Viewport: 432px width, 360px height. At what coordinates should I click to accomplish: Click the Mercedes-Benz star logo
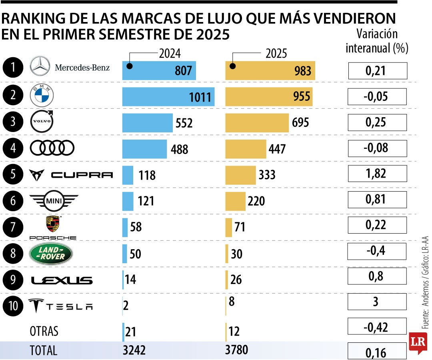click(x=40, y=66)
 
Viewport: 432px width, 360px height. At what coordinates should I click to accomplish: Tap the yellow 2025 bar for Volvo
click(x=257, y=122)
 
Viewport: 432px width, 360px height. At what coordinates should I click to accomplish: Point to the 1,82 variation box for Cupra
click(x=377, y=174)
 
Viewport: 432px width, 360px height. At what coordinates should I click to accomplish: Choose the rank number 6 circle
click(x=13, y=200)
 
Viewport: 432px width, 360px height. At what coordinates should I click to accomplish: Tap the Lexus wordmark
click(x=62, y=280)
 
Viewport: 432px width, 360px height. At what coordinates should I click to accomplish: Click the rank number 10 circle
click(x=13, y=306)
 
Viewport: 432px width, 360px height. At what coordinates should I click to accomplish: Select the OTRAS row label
click(x=44, y=331)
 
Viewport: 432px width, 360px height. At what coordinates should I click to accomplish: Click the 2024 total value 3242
click(x=134, y=350)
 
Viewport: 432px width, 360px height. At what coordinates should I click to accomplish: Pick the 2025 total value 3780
click(x=237, y=350)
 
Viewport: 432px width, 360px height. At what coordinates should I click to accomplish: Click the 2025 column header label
click(x=276, y=53)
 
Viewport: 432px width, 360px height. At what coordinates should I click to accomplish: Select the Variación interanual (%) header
click(x=377, y=41)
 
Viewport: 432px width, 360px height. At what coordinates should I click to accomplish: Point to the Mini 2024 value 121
click(x=146, y=201)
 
